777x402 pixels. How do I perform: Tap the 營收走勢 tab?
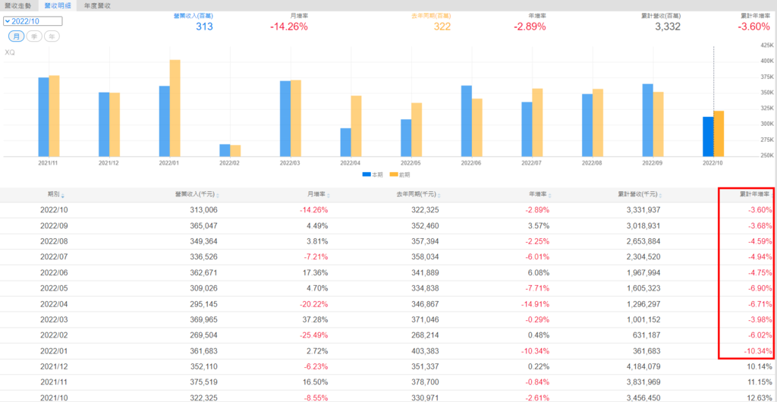[18, 5]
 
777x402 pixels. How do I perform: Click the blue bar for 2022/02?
[225, 150]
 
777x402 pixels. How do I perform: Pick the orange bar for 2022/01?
[175, 108]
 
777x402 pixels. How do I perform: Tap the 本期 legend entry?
[372, 174]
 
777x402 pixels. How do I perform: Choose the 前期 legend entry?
[398, 174]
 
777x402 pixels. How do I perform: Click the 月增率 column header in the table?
[318, 195]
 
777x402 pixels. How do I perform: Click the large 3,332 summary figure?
[667, 27]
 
